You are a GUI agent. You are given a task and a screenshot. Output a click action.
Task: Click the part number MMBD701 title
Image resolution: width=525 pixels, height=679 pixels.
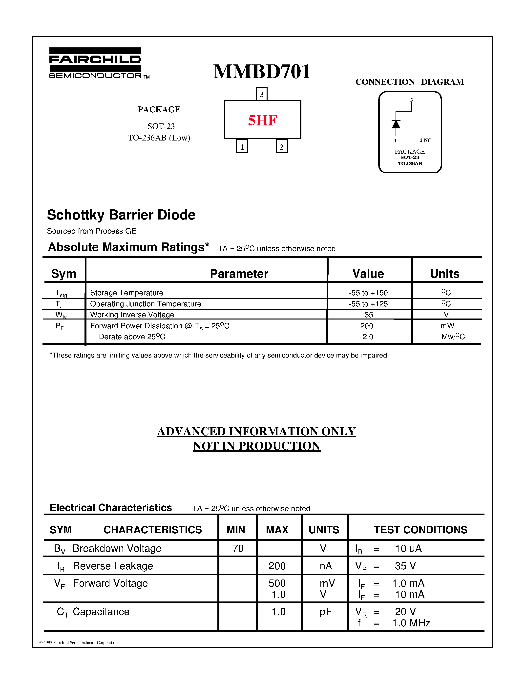[x=262, y=72]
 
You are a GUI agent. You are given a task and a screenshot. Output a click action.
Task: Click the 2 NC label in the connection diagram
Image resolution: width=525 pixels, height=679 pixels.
[x=425, y=140]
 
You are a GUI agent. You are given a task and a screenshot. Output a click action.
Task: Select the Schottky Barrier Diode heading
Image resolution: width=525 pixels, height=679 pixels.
[x=121, y=215]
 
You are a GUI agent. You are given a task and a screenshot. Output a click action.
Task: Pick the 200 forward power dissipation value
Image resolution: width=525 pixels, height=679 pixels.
[x=367, y=326]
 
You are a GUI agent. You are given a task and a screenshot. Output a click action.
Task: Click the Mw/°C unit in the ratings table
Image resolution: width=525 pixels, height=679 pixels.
[x=453, y=337]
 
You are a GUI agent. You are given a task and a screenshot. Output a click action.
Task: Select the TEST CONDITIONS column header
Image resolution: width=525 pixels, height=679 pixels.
[x=420, y=530]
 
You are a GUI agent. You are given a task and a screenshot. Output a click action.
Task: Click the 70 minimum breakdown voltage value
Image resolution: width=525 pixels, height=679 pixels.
[x=238, y=548]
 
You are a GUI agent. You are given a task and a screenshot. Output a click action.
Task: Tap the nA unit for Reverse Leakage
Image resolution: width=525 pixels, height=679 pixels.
[x=325, y=566]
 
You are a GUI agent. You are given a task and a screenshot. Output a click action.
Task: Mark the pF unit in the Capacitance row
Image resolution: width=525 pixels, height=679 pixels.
[x=325, y=612]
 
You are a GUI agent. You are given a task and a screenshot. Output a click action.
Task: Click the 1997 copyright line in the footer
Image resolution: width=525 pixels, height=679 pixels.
[x=78, y=643]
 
